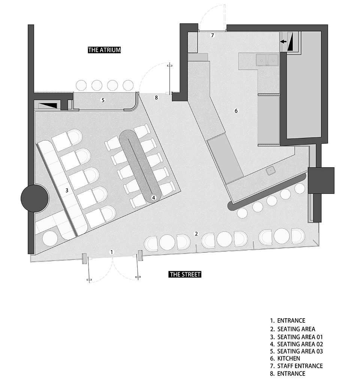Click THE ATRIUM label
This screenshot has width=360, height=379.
pos(104,50)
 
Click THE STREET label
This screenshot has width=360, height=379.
pos(185,274)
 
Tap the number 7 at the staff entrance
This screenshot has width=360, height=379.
pos(212,35)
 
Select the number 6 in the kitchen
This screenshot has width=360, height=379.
pos(236,111)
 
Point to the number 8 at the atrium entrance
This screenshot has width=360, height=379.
pos(156,98)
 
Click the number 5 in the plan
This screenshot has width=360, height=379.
pos(103,100)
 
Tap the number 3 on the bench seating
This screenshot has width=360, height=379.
pos(67,190)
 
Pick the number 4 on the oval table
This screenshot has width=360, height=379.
pos(153,197)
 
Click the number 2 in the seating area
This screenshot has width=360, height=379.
pos(196,234)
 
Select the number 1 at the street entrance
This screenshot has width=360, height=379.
pos(111,252)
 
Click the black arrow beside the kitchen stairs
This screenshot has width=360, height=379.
pos(283,42)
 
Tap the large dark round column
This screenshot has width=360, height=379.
pos(34,199)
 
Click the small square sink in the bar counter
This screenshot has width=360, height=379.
pos(271,170)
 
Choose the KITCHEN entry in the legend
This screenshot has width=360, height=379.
pos(289,358)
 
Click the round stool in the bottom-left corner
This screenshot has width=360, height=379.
pos(50,239)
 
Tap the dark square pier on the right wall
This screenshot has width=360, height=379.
pos(321,180)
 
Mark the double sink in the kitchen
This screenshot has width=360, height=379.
pos(267,60)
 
